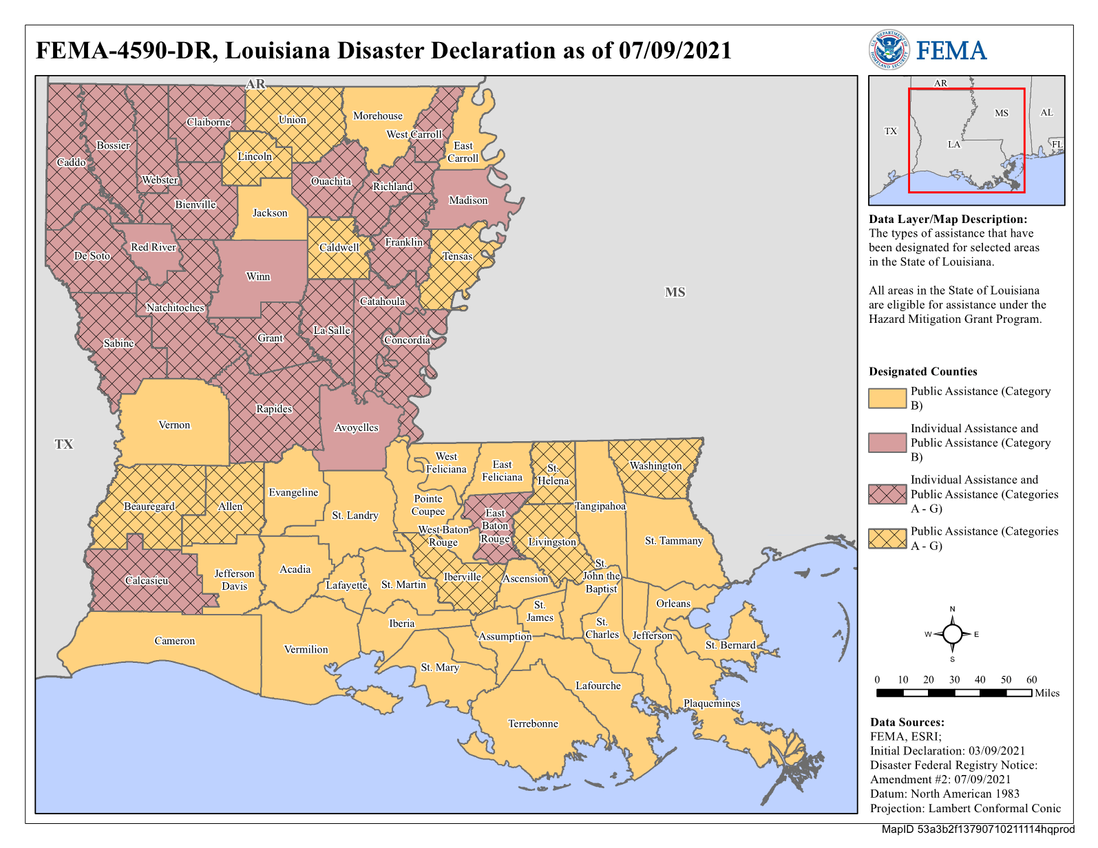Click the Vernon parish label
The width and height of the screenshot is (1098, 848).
174,425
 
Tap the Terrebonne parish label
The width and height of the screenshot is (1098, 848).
533,724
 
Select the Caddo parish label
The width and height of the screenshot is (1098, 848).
71,162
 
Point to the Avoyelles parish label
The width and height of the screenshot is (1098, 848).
357,427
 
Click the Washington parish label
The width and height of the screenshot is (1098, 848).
655,466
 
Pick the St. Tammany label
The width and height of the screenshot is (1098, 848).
673,541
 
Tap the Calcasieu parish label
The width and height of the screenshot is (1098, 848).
147,581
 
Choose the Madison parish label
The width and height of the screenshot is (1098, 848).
468,200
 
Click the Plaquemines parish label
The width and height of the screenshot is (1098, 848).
711,703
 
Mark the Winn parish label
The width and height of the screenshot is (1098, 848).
258,277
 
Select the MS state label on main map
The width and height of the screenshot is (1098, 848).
675,293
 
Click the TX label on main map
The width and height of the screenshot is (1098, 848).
63,445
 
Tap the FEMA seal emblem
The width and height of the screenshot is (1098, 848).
888,50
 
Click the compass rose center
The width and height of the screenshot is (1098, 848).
952,634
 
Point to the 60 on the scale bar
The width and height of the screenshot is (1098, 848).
1031,680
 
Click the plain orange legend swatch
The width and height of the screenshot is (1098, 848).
887,399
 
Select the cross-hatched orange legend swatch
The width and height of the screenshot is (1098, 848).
887,538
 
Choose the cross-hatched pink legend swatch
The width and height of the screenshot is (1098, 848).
887,494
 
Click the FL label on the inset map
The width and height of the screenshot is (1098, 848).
1056,145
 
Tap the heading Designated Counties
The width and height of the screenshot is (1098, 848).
922,372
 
